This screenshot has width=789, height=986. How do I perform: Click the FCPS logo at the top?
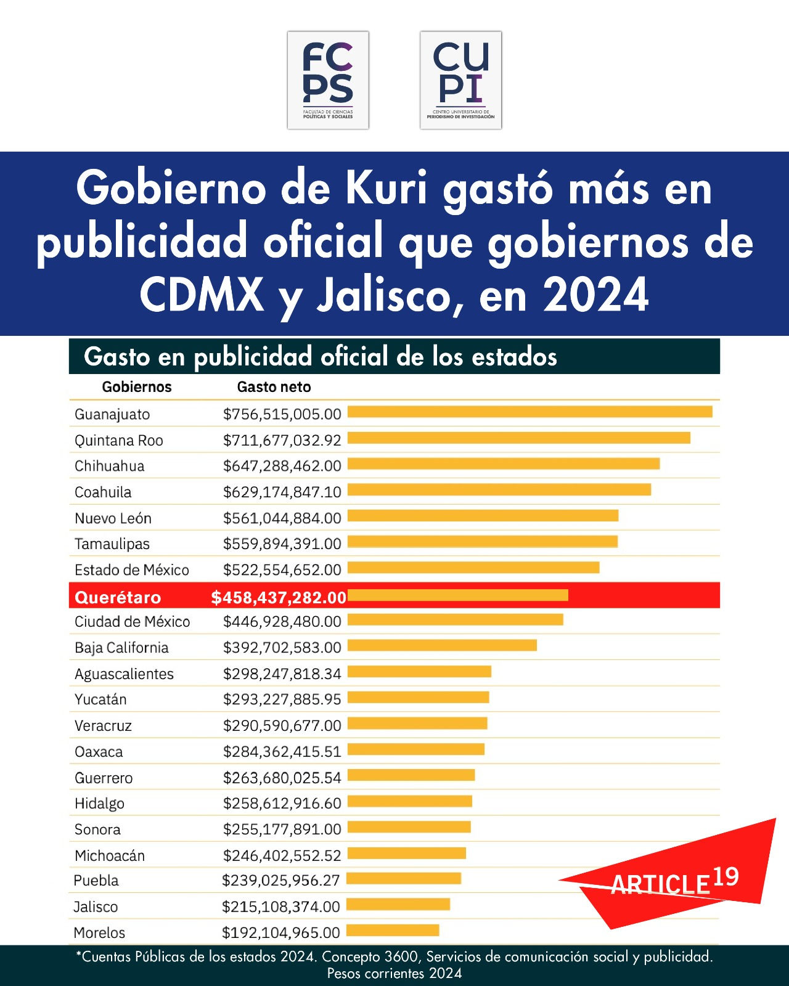pos(328,80)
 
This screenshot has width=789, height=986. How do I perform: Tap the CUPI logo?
pos(460,80)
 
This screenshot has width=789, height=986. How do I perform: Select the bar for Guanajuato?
pos(530,412)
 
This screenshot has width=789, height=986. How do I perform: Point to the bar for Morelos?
pos(393,930)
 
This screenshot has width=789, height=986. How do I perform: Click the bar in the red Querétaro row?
pos(457,595)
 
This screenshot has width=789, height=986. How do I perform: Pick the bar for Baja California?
pos(442,646)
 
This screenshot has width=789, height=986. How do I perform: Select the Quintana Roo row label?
pos(119,440)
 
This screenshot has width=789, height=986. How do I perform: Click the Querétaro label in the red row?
pos(118,598)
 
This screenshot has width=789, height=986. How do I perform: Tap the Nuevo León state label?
pos(113,518)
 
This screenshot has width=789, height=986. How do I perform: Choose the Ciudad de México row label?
pos(132,622)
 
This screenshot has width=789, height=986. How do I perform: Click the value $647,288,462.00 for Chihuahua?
pos(282,466)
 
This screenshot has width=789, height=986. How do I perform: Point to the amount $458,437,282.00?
pos(279,598)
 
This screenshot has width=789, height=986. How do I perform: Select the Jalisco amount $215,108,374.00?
pos(281,907)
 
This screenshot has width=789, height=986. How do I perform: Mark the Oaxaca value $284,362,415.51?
pos(282,752)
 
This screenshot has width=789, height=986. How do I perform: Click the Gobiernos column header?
pos(137,387)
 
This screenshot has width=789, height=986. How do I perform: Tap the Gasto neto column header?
pos(274,387)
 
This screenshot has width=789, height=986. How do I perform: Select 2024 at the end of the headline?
pos(596,295)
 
